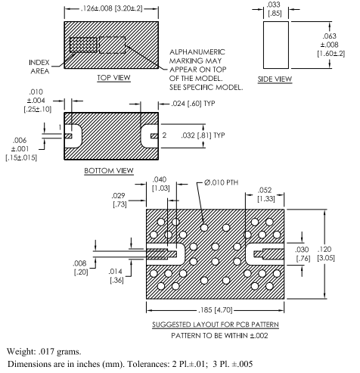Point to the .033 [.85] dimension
click(275, 8)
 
